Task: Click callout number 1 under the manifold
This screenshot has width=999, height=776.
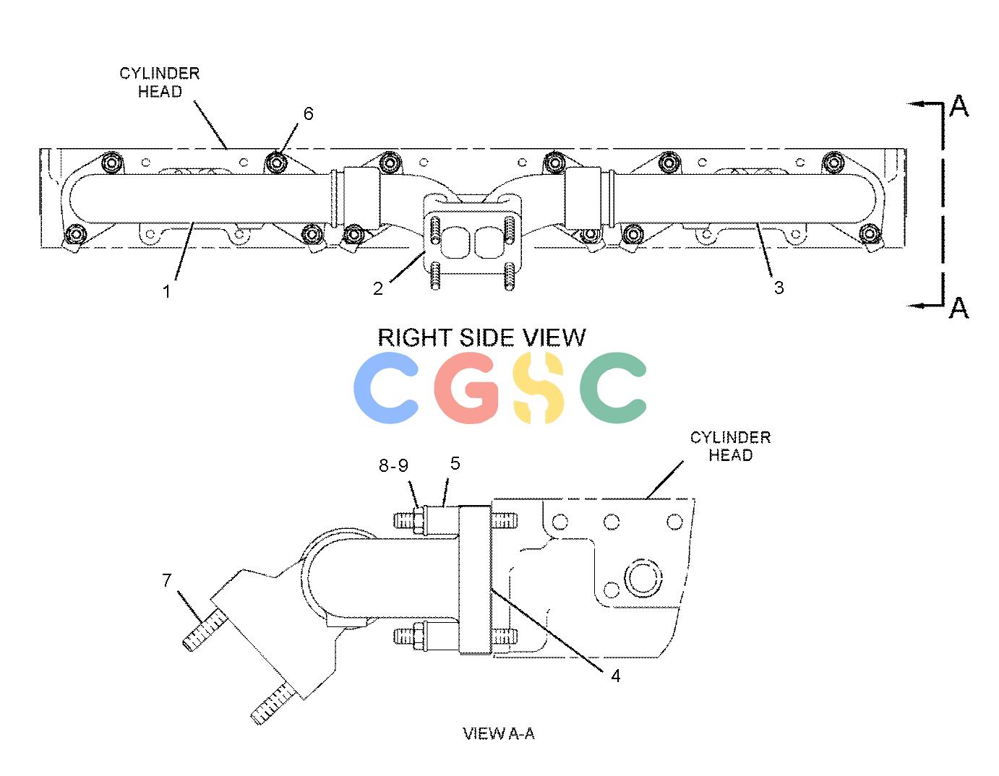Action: (166, 291)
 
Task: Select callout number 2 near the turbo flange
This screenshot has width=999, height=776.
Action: (377, 288)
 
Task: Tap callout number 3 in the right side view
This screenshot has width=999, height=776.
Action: (779, 288)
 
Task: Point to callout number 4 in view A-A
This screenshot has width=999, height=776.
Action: (616, 676)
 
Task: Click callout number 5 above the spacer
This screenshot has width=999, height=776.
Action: (455, 463)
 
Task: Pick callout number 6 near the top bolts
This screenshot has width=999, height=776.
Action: (309, 113)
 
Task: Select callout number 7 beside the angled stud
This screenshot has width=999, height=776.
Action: (167, 580)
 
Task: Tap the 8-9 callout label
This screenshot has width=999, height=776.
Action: (393, 465)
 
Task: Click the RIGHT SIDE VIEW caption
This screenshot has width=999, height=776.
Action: (481, 337)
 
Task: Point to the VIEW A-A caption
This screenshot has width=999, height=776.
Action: (499, 733)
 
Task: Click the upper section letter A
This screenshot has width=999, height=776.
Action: (959, 106)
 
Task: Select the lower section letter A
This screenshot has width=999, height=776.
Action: (959, 308)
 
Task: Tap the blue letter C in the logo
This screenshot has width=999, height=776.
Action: (386, 387)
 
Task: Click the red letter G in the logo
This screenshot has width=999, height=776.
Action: (466, 387)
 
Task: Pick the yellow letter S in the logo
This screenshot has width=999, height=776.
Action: (538, 387)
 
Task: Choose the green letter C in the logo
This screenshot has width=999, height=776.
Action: (613, 387)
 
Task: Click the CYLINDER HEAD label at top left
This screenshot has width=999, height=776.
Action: (160, 82)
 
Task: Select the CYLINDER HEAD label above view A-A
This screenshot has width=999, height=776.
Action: (731, 446)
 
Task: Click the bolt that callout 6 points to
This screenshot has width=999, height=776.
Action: (276, 162)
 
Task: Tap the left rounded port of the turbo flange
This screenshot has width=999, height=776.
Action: (455, 242)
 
